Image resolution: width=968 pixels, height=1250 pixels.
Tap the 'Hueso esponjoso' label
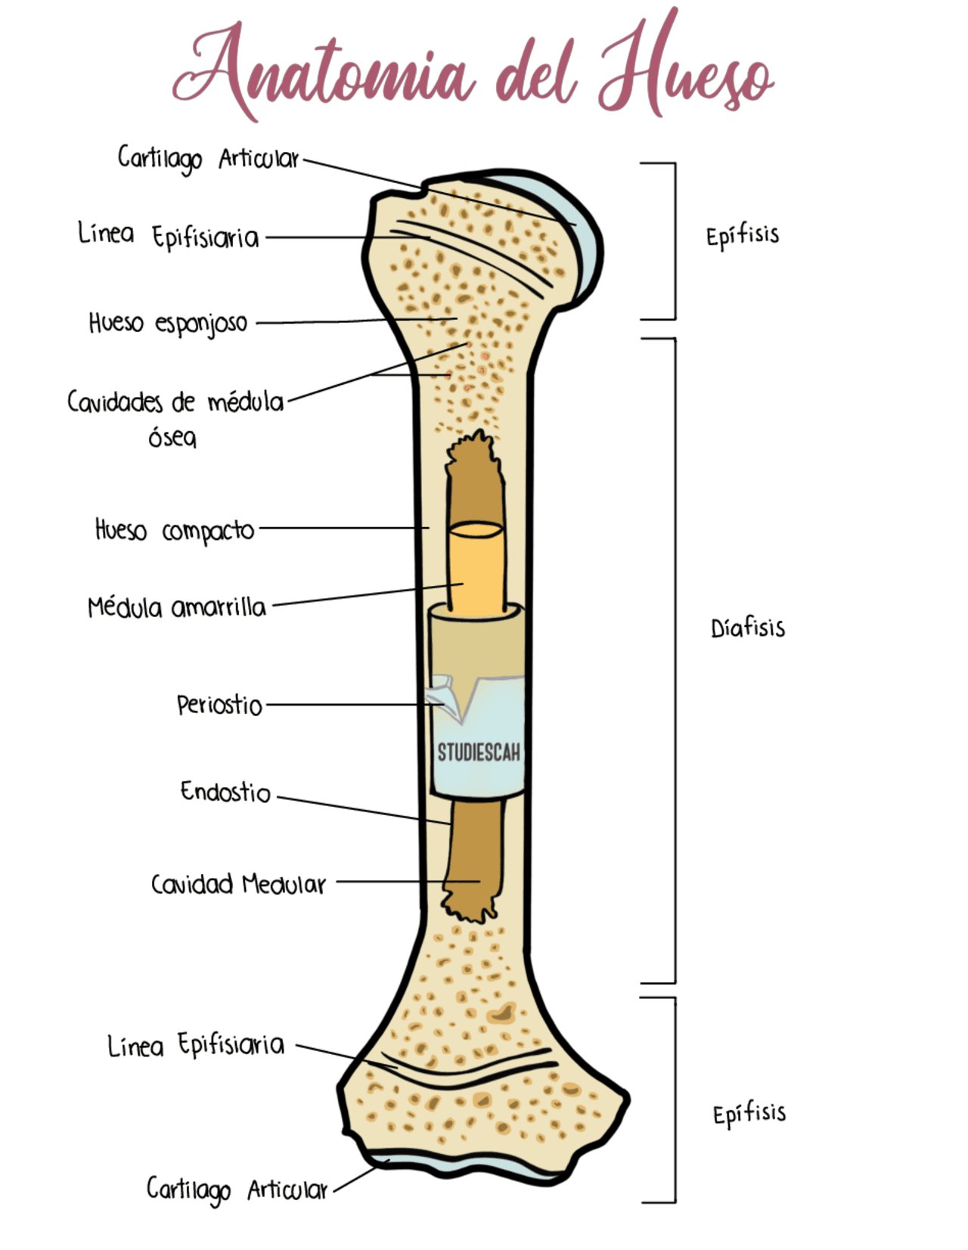168,323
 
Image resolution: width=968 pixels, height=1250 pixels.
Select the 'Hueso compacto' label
175,530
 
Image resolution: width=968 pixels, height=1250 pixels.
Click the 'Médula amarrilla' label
177,607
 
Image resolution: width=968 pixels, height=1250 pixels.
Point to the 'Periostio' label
219,705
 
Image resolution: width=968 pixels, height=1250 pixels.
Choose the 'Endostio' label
225,792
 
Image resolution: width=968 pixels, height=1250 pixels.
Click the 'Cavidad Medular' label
238,884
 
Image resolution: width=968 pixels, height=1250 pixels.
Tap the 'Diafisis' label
747,628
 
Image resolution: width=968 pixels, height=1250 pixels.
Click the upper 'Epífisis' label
743,236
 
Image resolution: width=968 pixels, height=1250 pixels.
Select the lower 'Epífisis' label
749,1114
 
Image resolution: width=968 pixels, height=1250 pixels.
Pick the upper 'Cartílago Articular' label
208,159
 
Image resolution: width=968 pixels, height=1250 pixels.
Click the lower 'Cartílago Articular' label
237,1190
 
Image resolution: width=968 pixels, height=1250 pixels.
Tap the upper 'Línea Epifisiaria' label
168,236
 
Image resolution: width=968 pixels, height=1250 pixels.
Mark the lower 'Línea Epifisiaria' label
196,1045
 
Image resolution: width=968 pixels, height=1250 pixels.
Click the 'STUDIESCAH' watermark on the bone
479,752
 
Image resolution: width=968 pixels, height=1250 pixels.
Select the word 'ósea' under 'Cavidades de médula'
172,437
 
